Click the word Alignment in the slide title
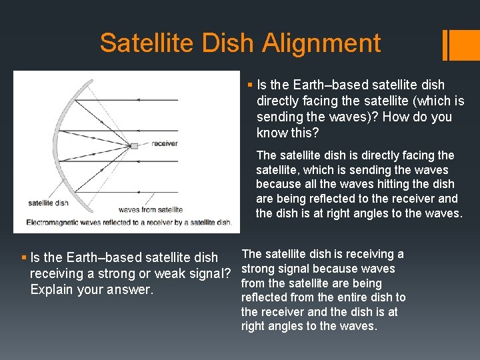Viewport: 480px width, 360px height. [321, 44]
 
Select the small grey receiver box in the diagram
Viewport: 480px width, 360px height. [134, 145]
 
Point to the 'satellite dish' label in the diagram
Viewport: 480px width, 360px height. [49, 202]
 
